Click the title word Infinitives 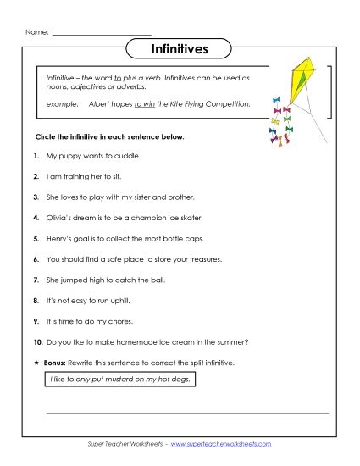[180, 49]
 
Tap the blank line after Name [102, 34]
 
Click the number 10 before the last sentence [37, 341]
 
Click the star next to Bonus [36, 362]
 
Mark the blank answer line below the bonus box [186, 413]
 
